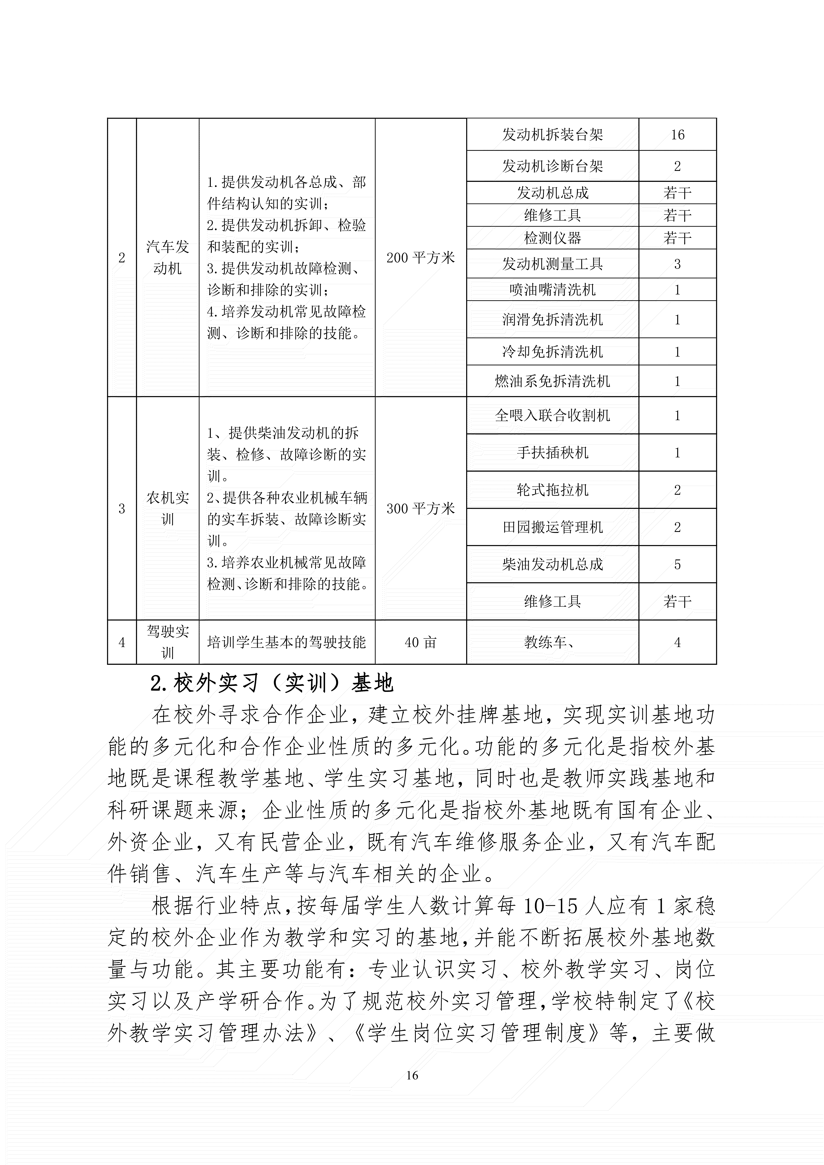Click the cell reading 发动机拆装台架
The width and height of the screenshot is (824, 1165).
tap(552, 135)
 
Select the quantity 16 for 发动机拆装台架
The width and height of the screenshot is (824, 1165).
tap(677, 135)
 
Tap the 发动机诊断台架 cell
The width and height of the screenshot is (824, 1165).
tap(552, 166)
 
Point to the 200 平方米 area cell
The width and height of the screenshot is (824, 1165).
tap(420, 258)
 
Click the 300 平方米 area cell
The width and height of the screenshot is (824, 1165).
tap(420, 508)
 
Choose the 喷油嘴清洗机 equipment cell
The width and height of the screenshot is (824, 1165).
tap(552, 290)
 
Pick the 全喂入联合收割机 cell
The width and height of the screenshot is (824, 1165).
tap(552, 416)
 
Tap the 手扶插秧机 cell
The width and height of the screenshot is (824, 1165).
tap(552, 453)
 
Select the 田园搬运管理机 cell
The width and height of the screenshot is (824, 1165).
tap(552, 527)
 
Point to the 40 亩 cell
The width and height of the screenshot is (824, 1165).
tap(420, 642)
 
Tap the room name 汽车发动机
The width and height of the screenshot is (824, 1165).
tap(168, 258)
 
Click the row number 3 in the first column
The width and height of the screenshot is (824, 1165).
tap(122, 508)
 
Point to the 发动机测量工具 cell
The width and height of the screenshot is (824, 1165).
tap(552, 264)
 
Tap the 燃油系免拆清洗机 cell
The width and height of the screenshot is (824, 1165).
tap(552, 381)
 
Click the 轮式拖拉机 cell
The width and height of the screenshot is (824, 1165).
tap(552, 490)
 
